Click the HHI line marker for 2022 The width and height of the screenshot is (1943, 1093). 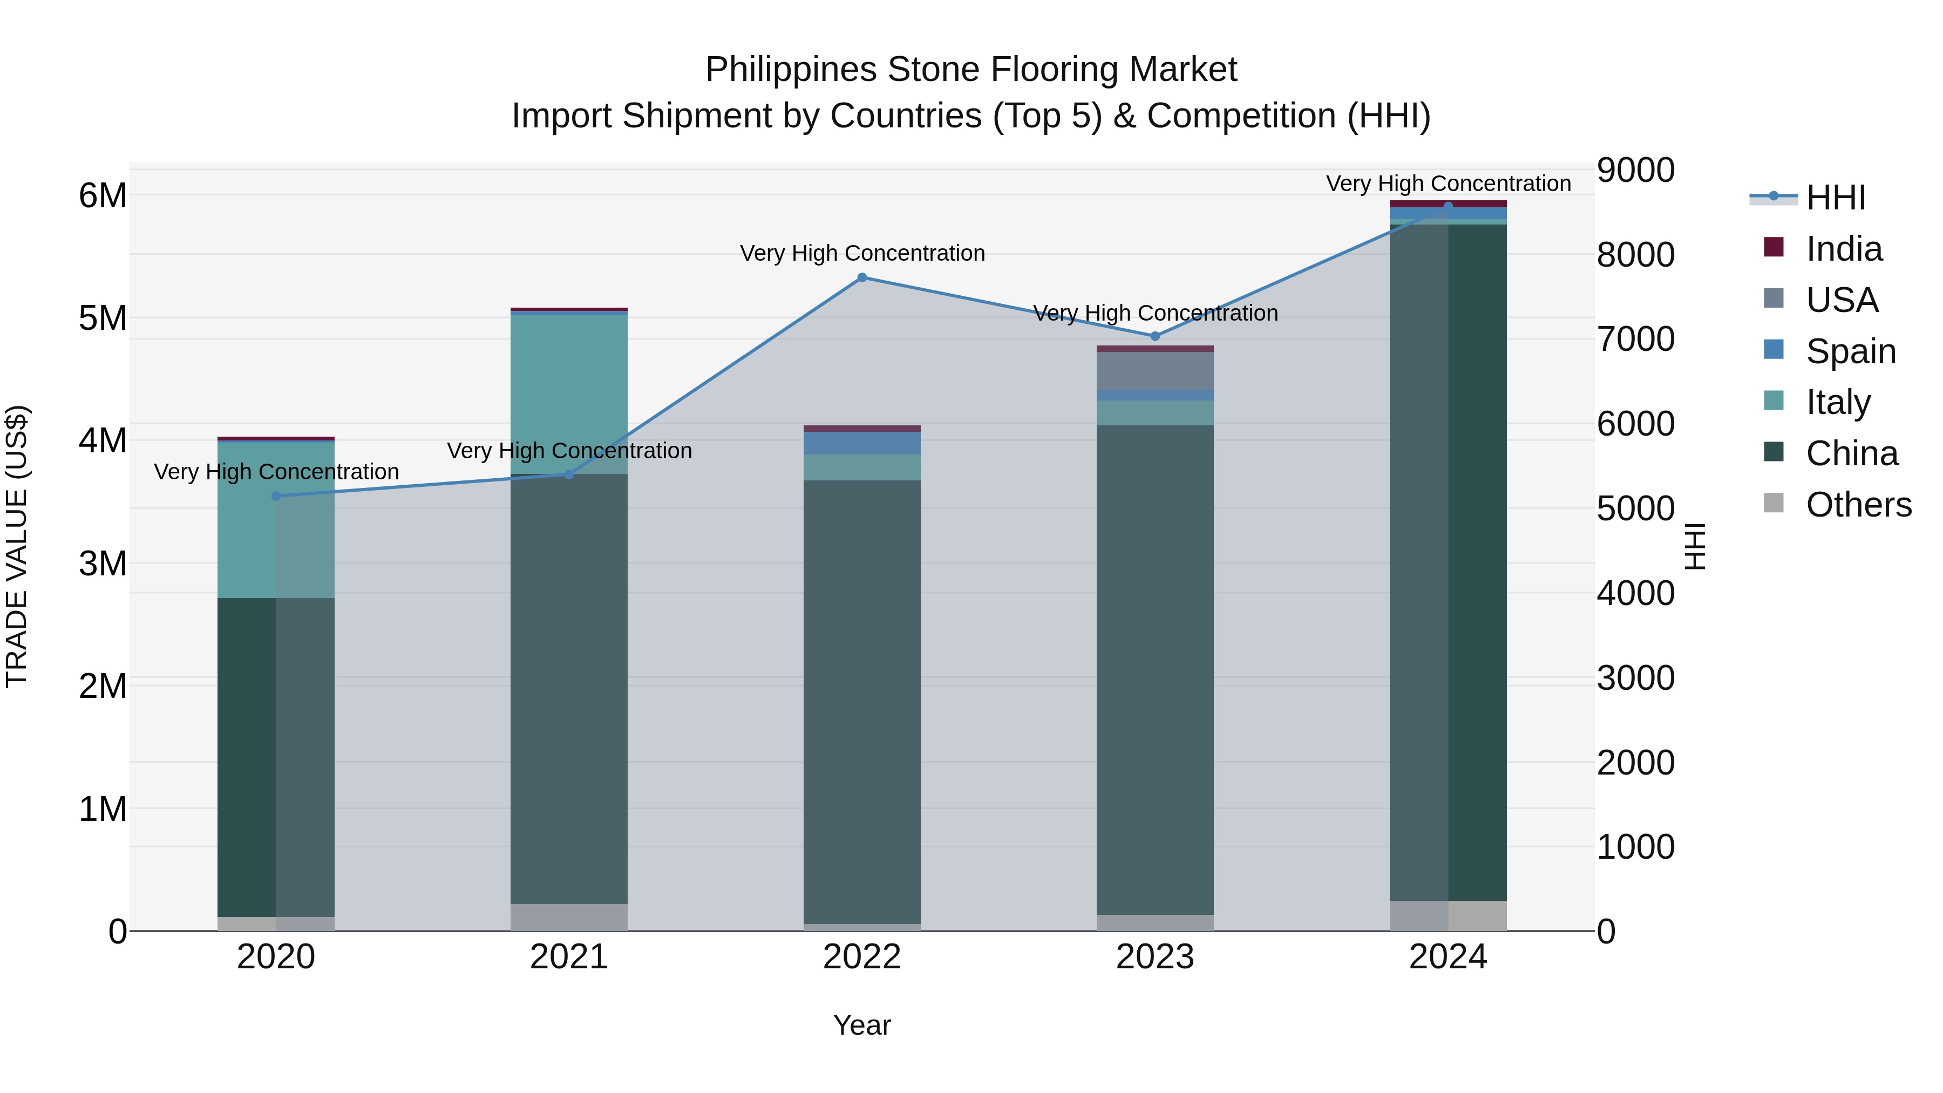click(x=862, y=277)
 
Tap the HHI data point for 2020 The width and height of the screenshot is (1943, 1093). click(x=276, y=495)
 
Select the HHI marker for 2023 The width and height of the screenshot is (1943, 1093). click(x=1155, y=336)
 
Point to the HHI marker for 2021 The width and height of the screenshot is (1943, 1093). click(x=569, y=474)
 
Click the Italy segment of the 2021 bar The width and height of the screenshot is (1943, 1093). click(x=569, y=392)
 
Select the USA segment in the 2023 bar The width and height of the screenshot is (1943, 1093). click(x=1155, y=370)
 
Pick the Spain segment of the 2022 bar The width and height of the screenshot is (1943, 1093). click(x=862, y=443)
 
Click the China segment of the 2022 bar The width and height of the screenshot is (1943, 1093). click(x=862, y=702)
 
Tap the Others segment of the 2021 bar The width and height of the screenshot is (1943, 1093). click(x=569, y=917)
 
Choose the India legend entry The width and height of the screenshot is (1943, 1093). click(x=1844, y=249)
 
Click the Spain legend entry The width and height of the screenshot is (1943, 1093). click(x=1850, y=351)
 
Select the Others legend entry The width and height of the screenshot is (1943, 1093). click(x=1858, y=505)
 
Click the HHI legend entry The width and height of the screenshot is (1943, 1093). click(x=1835, y=198)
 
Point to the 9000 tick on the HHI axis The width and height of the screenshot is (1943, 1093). click(x=1635, y=171)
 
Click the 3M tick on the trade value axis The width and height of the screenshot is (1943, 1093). click(x=103, y=564)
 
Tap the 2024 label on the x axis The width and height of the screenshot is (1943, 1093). click(x=1448, y=957)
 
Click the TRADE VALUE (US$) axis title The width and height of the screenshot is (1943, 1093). click(x=17, y=546)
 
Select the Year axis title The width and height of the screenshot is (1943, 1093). click(x=862, y=1025)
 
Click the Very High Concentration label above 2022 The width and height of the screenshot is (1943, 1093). click(x=862, y=254)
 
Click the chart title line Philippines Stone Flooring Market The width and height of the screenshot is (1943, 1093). click(x=971, y=70)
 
